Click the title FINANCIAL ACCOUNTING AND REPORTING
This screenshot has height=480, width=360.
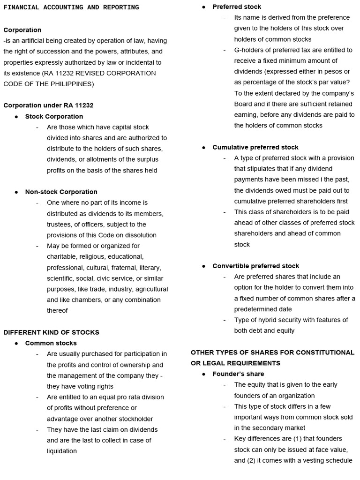click(71, 7)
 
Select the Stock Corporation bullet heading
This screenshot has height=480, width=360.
click(54, 116)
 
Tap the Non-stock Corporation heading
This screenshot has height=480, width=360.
click(61, 192)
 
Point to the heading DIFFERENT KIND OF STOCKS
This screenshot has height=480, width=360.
click(52, 332)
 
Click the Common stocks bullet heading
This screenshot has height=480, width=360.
click(51, 343)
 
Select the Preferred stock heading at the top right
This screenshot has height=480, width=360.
click(237, 7)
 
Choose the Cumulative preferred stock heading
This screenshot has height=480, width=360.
click(255, 147)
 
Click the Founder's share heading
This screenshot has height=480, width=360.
click(238, 374)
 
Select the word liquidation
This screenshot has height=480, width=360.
click(62, 451)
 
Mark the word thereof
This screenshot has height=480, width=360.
click(57, 310)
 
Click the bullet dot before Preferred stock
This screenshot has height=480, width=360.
click(204, 7)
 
